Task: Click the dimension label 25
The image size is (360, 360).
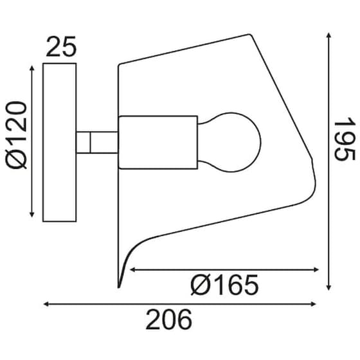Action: click(61, 47)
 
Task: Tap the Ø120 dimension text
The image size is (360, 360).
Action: click(16, 135)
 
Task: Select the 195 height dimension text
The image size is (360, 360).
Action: click(345, 138)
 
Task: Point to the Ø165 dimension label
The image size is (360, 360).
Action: click(224, 285)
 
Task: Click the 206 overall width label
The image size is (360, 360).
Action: click(168, 319)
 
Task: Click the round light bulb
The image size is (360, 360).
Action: click(230, 142)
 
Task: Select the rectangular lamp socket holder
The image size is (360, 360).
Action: click(158, 143)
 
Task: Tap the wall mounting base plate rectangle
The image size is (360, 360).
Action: click(59, 142)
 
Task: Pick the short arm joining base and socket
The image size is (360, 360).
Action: click(97, 142)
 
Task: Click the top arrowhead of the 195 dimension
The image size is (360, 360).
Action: click(328, 35)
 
